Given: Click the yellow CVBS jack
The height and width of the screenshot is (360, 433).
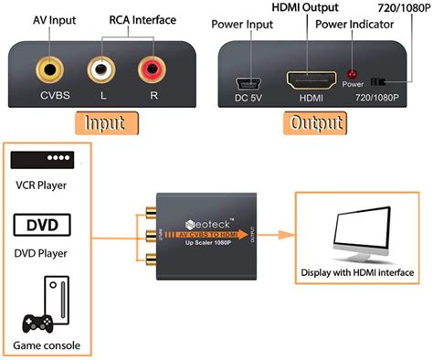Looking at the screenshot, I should pos(47,69).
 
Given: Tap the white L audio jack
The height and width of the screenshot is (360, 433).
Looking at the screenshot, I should pos(100,69).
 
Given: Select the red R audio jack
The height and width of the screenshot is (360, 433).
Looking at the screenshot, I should pos(152,69).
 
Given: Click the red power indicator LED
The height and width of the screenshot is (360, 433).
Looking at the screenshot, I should pos(352,73).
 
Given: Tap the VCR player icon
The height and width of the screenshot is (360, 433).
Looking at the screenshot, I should pos(42,161).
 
